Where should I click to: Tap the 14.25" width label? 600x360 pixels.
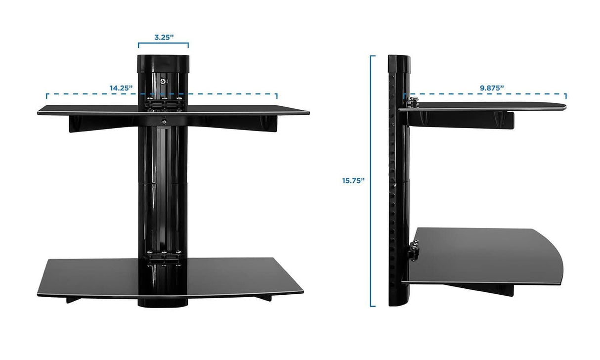(122, 88)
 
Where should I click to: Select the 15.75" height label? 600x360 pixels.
(353, 180)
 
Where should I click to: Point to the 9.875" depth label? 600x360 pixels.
(491, 88)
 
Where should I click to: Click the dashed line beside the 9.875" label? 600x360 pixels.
(534, 93)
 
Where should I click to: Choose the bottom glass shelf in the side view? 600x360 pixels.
(484, 255)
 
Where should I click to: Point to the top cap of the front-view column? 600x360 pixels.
(163, 62)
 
